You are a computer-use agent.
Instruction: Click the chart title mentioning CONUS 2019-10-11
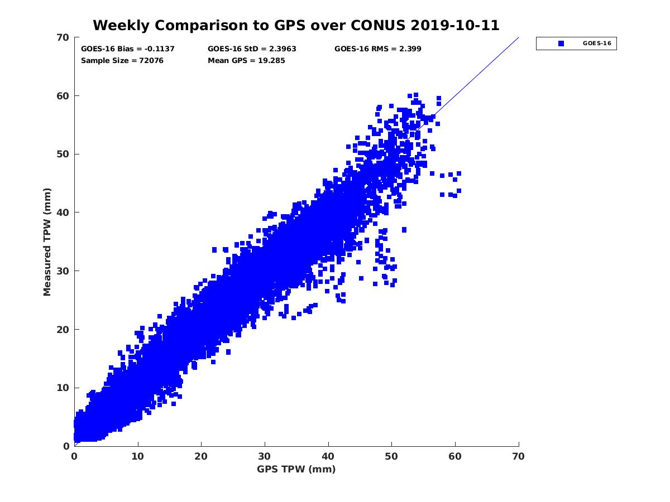pos(296,25)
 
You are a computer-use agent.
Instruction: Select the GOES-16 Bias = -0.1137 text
pos(128,49)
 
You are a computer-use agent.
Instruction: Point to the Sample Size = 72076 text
pos(122,60)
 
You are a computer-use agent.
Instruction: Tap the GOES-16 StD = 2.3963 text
pos(252,49)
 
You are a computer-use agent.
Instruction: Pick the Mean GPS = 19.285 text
pos(246,60)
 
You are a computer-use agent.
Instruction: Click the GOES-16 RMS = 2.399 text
pos(378,49)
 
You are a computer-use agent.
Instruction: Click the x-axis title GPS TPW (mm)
pos(296,469)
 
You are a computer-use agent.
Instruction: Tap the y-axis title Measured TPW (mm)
pos(47,241)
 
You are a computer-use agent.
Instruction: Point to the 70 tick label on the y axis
pos(63,37)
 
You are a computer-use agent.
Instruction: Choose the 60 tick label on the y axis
pos(63,96)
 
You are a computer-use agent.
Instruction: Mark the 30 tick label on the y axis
pos(63,271)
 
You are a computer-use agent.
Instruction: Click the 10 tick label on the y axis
pos(63,388)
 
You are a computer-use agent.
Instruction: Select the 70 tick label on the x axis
pos(519,456)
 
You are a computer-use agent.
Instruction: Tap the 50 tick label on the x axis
pos(392,456)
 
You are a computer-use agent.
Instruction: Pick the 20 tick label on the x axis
pos(202,456)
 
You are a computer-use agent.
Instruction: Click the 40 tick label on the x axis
pos(328,456)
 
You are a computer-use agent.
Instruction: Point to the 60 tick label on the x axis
pos(456,456)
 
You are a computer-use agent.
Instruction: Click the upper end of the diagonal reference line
pos(518,38)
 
